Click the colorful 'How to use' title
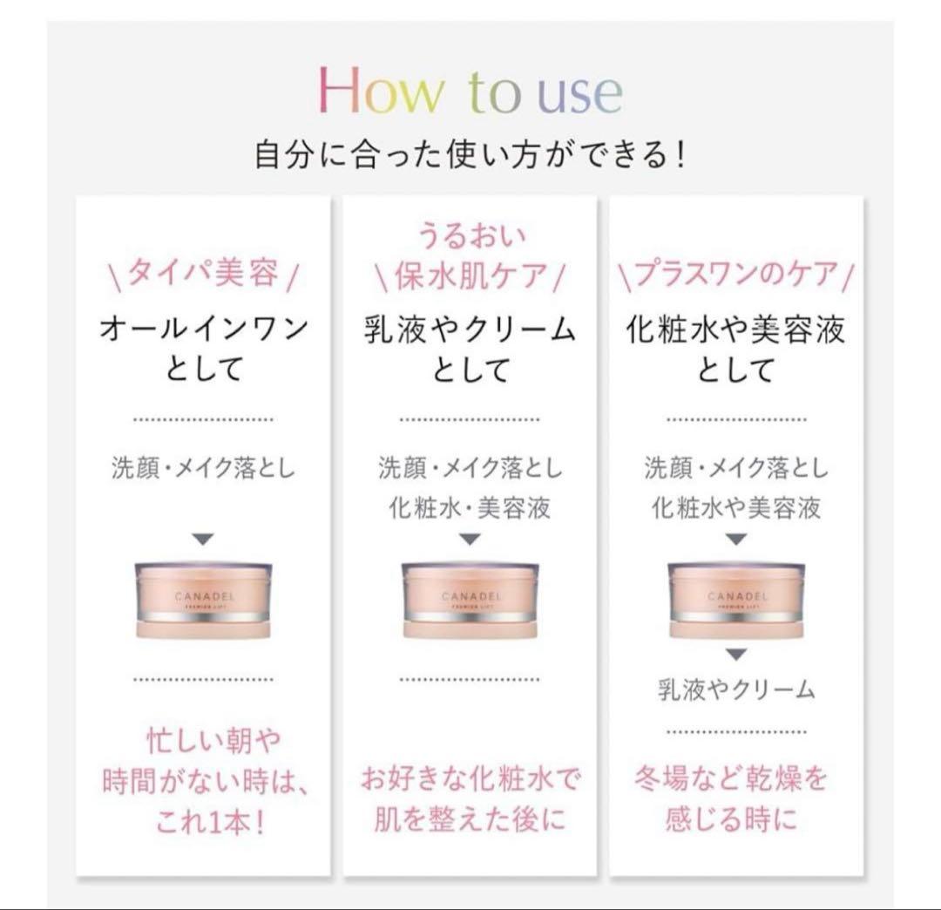[470, 90]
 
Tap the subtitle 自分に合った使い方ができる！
[470, 154]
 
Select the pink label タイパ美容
[204, 274]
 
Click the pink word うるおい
[470, 235]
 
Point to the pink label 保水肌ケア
[470, 276]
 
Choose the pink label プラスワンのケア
[735, 274]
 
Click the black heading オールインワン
[204, 329]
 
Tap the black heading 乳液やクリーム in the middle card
[470, 330]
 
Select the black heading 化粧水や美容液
[735, 330]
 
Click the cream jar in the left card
[203, 600]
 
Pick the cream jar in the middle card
[470, 600]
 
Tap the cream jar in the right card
[736, 600]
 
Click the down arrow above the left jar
[203, 540]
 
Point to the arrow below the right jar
[736, 655]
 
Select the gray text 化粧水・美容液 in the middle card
[470, 508]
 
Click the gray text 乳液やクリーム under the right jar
[736, 689]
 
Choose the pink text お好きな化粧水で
[470, 779]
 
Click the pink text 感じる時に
[731, 818]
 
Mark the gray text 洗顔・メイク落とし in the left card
[204, 467]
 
